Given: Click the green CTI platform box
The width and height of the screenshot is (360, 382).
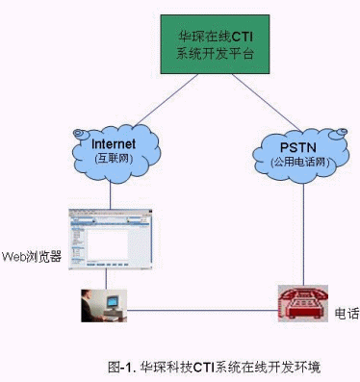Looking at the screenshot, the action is click(x=215, y=44).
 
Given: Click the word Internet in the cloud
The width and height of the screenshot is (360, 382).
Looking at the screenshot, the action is click(x=114, y=144).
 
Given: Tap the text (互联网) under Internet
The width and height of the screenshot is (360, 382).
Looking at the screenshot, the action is click(x=114, y=159).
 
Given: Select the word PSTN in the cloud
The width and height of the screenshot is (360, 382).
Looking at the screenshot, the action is click(x=298, y=147).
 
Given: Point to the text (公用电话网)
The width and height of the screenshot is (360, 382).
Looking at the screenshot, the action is click(x=300, y=162).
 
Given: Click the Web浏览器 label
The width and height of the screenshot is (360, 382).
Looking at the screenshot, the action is click(x=32, y=257).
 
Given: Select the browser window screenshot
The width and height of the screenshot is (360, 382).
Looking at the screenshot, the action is click(x=111, y=240).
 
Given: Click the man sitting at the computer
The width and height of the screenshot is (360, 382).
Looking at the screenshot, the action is click(x=90, y=306).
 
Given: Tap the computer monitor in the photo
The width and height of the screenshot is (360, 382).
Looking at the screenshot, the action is click(x=113, y=301).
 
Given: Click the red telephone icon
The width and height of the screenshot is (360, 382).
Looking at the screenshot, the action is click(x=303, y=303).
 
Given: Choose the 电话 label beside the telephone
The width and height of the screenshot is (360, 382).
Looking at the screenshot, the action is click(x=347, y=314).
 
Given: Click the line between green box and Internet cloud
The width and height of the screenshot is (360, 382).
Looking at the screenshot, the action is click(x=166, y=100).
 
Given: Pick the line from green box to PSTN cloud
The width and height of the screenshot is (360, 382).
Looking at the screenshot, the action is click(x=267, y=103).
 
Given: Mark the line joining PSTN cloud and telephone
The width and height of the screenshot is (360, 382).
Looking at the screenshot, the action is click(x=303, y=234).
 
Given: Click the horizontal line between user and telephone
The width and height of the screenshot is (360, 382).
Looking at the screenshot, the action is click(x=202, y=310).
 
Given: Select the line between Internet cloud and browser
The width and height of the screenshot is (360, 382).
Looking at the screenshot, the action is click(x=110, y=195).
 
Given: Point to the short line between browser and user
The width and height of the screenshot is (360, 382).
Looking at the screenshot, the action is click(x=106, y=280).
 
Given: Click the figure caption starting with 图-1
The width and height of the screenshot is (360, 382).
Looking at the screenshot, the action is click(x=214, y=367).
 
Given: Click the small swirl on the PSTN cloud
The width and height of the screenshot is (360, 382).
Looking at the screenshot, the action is click(x=339, y=133).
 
